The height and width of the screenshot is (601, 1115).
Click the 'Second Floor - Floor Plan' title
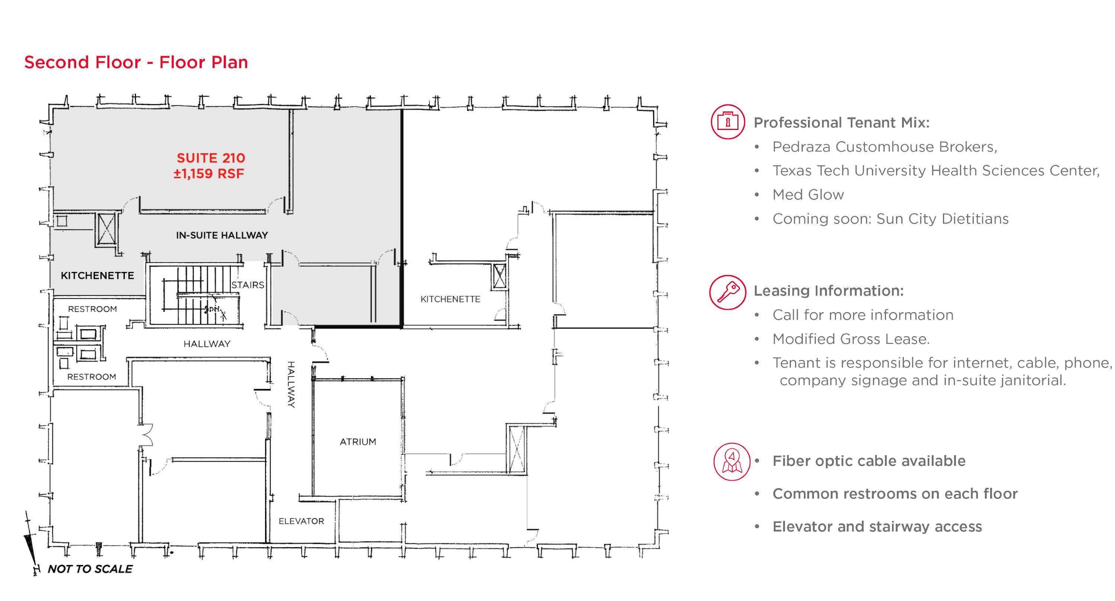click(136, 62)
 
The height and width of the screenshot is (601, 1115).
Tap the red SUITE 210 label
click(211, 158)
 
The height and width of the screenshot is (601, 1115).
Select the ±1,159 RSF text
click(209, 173)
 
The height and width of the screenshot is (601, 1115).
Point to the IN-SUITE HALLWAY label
click(222, 235)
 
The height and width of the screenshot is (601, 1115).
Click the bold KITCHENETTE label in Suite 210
click(97, 276)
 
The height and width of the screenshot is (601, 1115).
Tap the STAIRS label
click(248, 285)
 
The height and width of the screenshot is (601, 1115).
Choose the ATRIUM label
click(358, 442)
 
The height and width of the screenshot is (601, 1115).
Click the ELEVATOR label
click(301, 521)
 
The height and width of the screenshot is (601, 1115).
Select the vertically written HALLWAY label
click(291, 384)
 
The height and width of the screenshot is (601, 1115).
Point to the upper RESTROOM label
click(92, 309)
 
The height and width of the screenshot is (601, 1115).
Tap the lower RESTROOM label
click(91, 377)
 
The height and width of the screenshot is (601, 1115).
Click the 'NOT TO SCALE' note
click(90, 569)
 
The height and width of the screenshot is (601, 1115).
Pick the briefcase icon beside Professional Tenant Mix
click(728, 121)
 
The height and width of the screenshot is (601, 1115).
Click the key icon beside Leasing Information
click(728, 292)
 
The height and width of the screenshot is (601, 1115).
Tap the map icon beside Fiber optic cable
click(731, 462)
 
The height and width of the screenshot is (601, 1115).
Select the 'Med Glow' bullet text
click(808, 195)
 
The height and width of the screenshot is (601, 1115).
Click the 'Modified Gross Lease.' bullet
click(851, 339)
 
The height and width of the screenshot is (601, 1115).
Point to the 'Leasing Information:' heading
click(828, 291)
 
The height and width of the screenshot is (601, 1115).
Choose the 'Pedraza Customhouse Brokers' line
click(885, 147)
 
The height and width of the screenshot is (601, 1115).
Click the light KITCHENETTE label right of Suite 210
click(450, 299)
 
